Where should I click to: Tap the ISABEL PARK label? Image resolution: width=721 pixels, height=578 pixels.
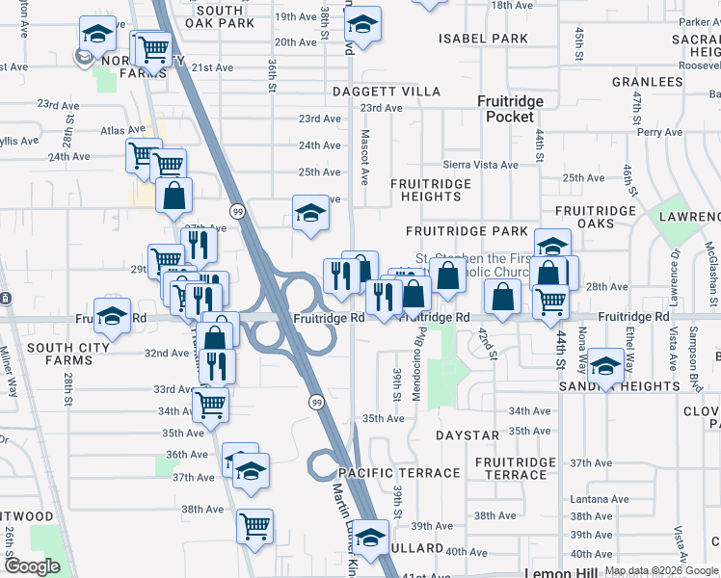pyautogui.click(x=484, y=39)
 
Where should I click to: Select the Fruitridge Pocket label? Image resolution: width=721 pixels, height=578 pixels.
pyautogui.click(x=510, y=109)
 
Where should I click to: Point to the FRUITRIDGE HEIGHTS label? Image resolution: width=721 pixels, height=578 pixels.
pyautogui.click(x=431, y=190)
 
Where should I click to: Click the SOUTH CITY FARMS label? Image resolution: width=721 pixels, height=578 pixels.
pyautogui.click(x=46, y=354)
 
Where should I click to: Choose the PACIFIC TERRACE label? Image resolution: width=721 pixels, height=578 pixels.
pyautogui.click(x=399, y=473)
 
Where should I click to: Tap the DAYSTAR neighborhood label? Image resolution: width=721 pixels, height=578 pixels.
pyautogui.click(x=467, y=435)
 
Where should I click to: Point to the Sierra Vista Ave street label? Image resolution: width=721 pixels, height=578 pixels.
pyautogui.click(x=480, y=165)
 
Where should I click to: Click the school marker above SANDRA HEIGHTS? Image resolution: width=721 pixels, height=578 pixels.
pyautogui.click(x=605, y=367)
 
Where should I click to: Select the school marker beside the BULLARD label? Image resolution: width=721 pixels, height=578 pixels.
pyautogui.click(x=369, y=538)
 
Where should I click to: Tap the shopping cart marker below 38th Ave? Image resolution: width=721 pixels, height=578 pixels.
pyautogui.click(x=254, y=527)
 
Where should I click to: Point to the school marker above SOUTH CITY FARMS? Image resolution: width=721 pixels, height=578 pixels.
pyautogui.click(x=112, y=317)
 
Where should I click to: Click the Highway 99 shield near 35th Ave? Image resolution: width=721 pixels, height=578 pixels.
pyautogui.click(x=315, y=401)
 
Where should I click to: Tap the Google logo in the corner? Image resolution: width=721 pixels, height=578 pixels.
pyautogui.click(x=32, y=566)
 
